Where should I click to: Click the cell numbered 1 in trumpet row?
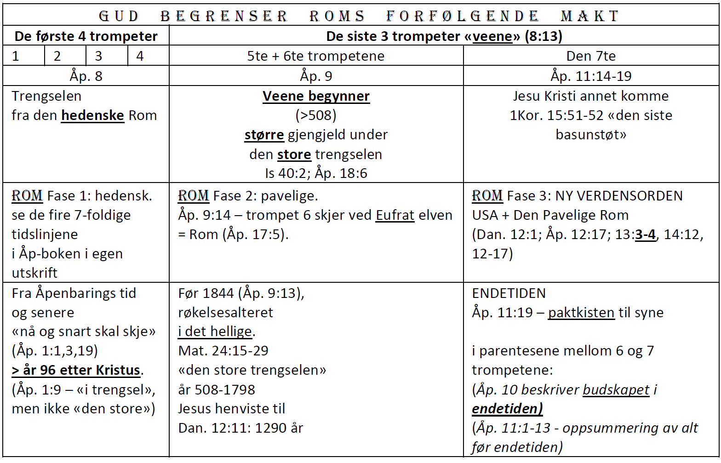click(24, 56)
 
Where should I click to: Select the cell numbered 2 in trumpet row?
click(65, 56)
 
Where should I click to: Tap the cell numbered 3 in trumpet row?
click(107, 56)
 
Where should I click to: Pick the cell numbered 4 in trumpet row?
click(148, 56)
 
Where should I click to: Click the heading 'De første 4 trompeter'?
click(86, 36)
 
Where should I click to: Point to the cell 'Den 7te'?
click(591, 56)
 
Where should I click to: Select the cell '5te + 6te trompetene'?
click(316, 56)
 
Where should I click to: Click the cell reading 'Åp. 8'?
click(86, 76)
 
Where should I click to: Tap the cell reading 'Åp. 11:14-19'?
click(591, 76)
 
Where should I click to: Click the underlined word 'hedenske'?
click(92, 115)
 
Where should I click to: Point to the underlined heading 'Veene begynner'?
click(316, 96)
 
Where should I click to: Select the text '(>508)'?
click(316, 115)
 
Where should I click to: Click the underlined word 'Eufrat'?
click(395, 215)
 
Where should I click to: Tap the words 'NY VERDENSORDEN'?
click(619, 196)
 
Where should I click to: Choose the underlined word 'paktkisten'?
click(581, 313)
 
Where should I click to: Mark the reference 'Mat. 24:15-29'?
click(223, 351)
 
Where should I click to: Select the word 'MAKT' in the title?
click(590, 16)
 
